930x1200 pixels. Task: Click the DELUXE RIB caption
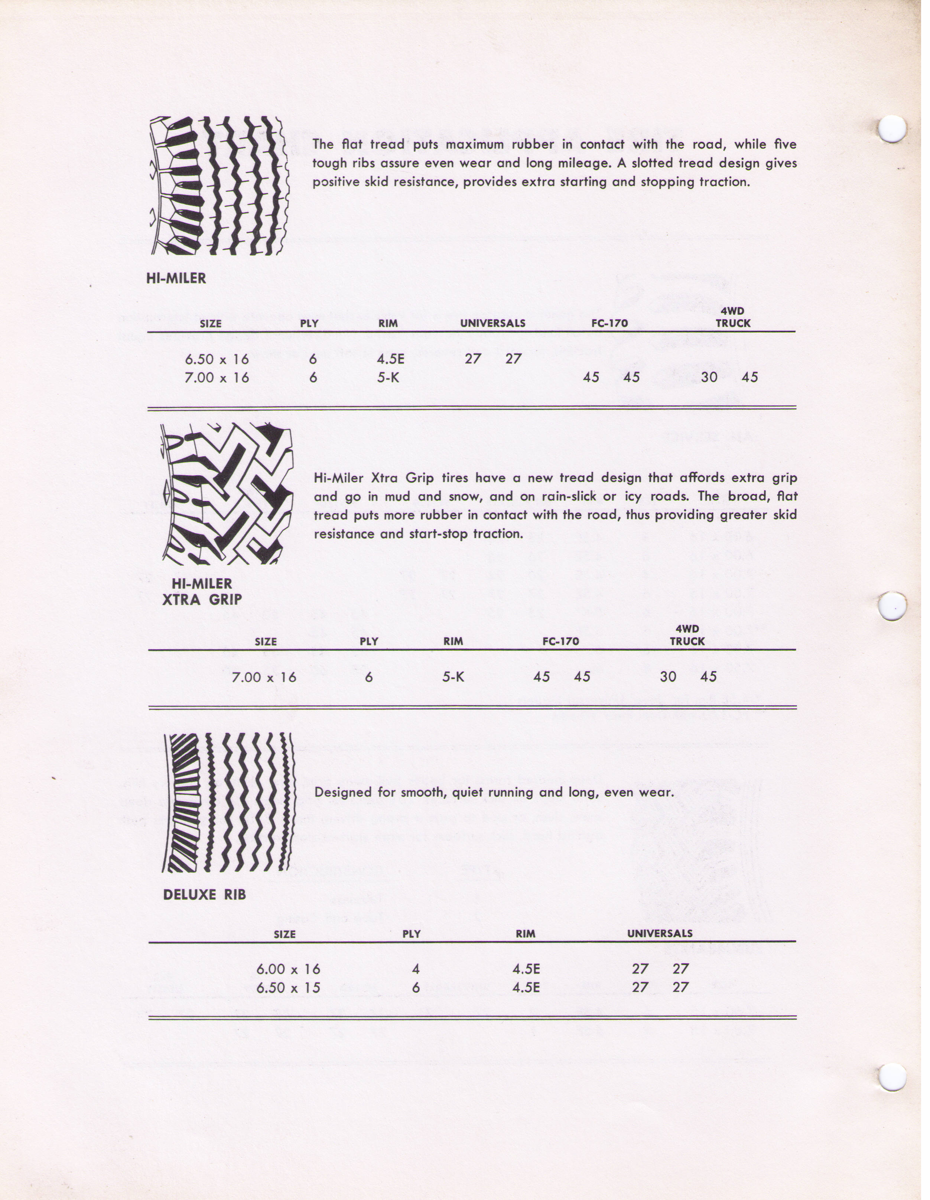[204, 895]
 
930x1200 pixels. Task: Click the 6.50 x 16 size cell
[217, 359]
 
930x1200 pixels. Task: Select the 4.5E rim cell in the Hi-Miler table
[390, 359]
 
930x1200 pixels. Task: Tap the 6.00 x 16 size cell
[288, 969]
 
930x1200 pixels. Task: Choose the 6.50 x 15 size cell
[288, 987]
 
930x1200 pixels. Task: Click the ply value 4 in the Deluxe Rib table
[416, 969]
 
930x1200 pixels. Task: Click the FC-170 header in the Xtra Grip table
[560, 641]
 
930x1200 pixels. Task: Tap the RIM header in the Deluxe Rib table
[526, 934]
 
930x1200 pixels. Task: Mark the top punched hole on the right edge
[892, 129]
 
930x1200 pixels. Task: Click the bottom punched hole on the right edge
[892, 1077]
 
